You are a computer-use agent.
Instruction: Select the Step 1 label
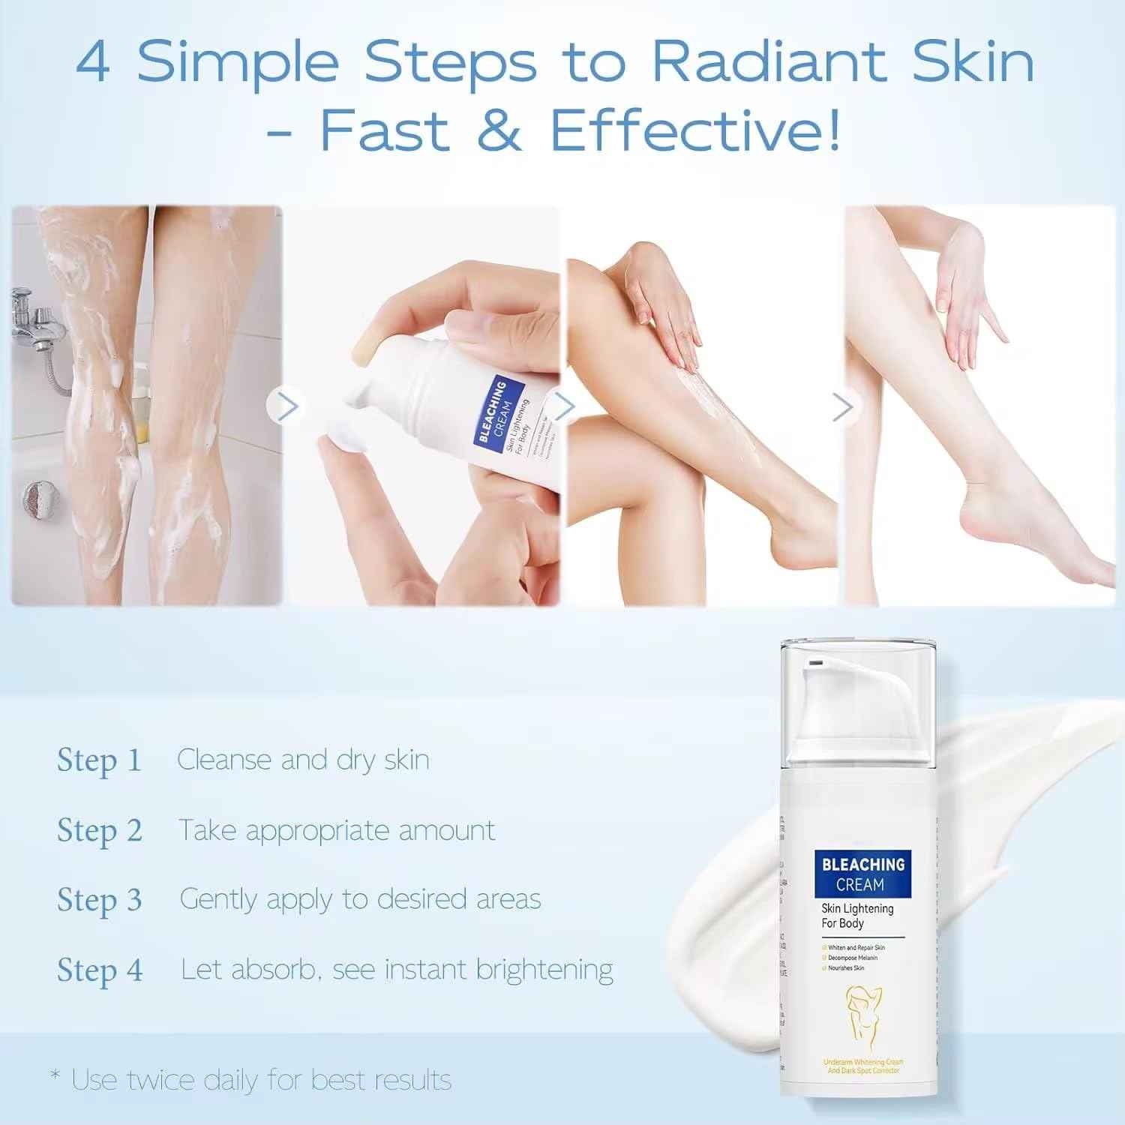(99, 760)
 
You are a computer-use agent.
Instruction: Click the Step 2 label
(99, 831)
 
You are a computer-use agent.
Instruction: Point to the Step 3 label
(99, 900)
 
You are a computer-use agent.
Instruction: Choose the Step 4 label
(99, 970)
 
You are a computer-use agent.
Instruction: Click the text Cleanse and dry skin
(303, 760)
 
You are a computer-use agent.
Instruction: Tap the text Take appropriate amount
(337, 831)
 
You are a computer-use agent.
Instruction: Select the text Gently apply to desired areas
(360, 899)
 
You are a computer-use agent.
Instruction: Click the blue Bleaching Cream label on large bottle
(862, 874)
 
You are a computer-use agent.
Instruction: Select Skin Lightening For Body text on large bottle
(856, 916)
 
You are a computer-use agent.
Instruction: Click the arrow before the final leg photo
(843, 407)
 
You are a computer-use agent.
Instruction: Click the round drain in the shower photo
(34, 497)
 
